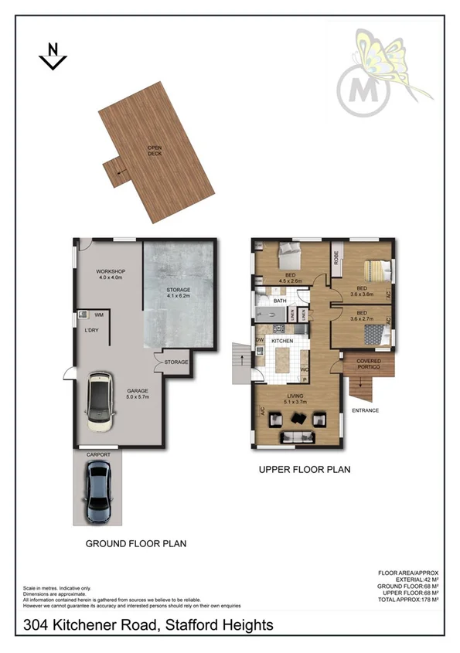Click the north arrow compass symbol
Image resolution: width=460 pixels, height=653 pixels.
coord(53,56)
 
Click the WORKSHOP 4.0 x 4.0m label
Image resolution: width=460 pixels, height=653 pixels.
coord(111,276)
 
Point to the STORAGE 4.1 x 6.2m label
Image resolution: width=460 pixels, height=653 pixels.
coord(179,294)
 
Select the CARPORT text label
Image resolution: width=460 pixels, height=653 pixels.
coord(98,455)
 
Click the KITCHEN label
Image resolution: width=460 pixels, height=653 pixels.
coord(281,341)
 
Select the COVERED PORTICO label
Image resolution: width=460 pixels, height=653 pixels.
coord(368,364)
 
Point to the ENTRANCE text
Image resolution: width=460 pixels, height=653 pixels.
coord(365,410)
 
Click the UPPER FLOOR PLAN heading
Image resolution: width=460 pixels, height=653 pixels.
coord(305,468)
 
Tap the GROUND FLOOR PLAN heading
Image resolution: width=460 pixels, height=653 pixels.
coord(135,544)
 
